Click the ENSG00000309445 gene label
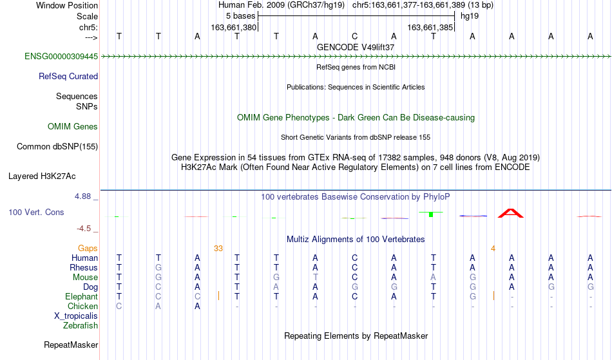[x=61, y=57]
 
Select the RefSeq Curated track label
[x=68, y=77]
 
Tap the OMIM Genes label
[x=73, y=127]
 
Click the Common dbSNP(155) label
[x=57, y=147]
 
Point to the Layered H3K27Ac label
[x=42, y=176]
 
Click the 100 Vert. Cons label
[x=36, y=212]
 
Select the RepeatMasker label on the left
[x=71, y=345]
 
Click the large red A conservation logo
[x=510, y=213]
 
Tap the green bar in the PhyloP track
[x=431, y=214]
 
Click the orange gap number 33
[x=218, y=249]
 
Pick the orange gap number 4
[x=493, y=249]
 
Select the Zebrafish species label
[x=81, y=326]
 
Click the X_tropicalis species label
[x=76, y=316]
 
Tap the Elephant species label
[x=81, y=297]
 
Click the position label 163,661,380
[x=233, y=28]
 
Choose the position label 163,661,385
[x=430, y=28]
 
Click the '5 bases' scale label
[x=240, y=16]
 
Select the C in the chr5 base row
[x=354, y=37]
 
